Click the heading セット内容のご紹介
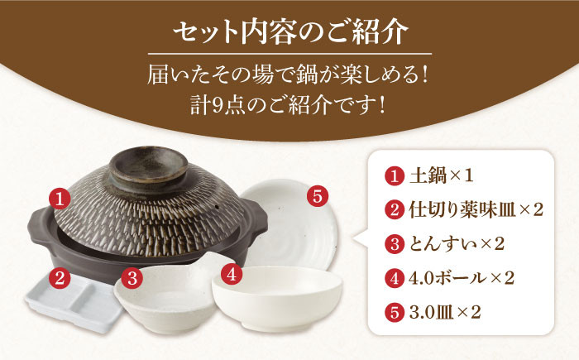(x=290, y=32)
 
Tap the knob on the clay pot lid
(x=148, y=166)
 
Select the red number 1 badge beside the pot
(x=60, y=199)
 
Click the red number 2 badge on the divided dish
(x=60, y=278)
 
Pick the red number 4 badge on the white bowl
(x=232, y=275)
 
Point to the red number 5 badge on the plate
(x=318, y=196)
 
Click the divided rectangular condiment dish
(x=73, y=302)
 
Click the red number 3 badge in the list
(x=395, y=245)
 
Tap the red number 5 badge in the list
(x=395, y=313)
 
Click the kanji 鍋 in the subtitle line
(x=317, y=76)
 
